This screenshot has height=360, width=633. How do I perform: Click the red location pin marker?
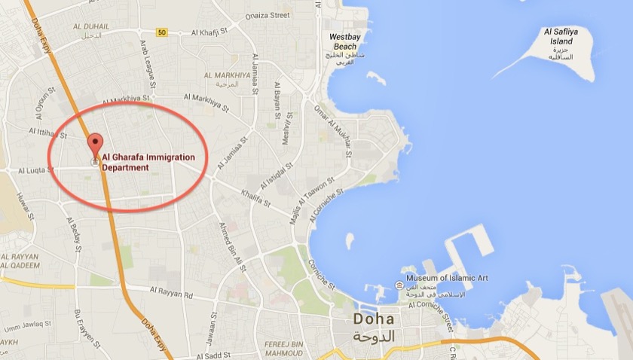(x=95, y=144)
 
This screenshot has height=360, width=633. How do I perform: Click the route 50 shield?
(x=162, y=32)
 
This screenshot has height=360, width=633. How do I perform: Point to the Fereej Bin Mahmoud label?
(x=283, y=349)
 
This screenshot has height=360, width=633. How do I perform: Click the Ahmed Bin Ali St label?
(x=231, y=241)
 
